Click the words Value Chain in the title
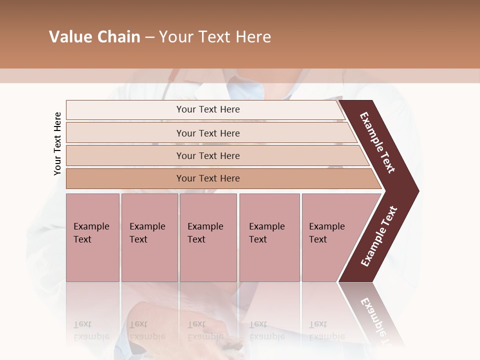94,37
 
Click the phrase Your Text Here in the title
215,37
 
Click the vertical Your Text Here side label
57,143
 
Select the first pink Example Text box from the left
92,237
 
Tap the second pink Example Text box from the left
149,237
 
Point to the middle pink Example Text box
208,237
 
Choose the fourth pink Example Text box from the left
269,237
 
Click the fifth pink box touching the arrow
330,237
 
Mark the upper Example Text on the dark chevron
377,142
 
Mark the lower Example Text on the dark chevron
379,236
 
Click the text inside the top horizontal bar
208,109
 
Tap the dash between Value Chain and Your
149,37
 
